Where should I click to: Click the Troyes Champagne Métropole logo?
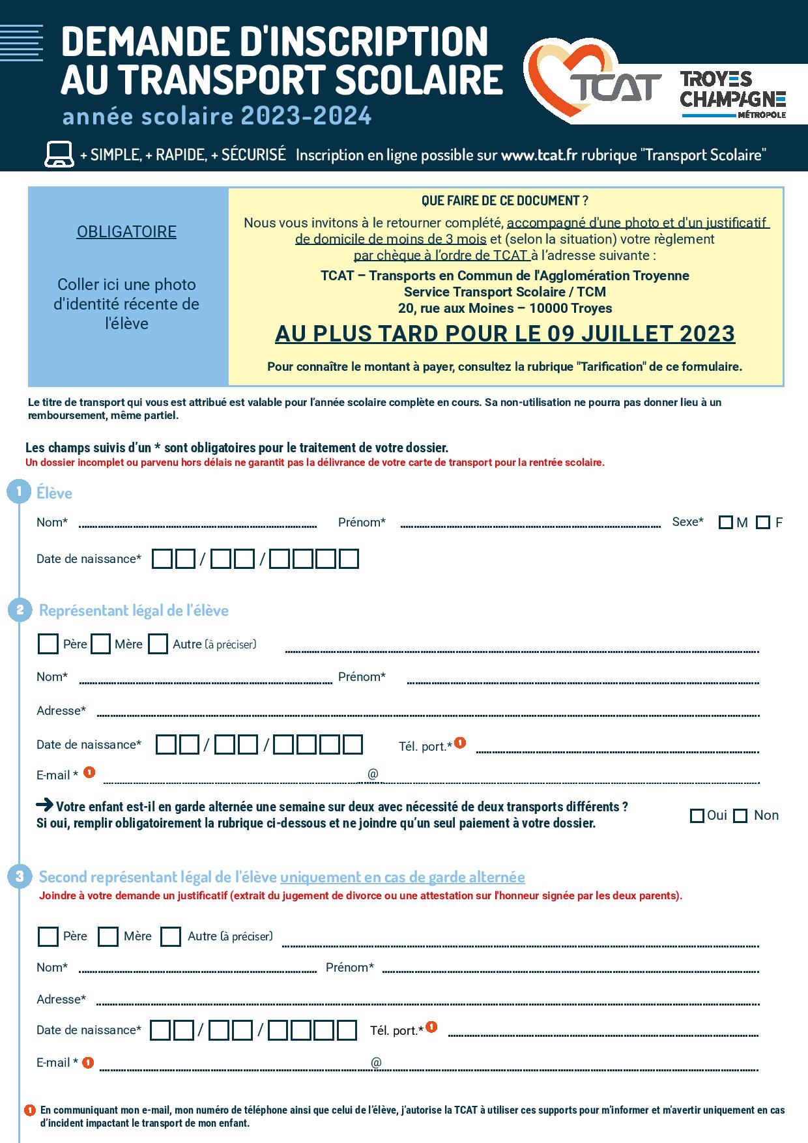732,94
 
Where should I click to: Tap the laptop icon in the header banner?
58,154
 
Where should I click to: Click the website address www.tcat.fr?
539,155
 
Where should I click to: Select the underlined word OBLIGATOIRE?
126,232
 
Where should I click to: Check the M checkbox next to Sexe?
725,523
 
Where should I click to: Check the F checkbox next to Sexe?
763,523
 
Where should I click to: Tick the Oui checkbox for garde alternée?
697,816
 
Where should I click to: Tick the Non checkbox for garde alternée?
740,816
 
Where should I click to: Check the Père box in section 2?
48,644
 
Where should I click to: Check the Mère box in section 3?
108,937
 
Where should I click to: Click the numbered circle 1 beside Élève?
19,491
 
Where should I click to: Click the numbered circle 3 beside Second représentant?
20,876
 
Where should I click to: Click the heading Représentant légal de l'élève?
134,611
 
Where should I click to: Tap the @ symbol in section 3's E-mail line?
376,1063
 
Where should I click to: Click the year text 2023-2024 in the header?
306,116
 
